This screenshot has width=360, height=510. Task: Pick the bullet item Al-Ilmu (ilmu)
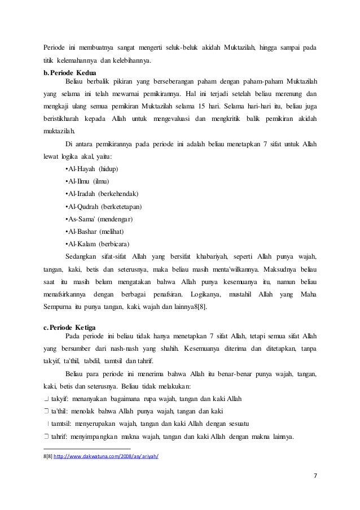pos(87,182)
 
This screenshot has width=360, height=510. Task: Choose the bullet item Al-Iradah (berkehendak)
pos(102,194)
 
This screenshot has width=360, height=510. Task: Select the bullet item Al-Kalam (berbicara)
pos(98,244)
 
